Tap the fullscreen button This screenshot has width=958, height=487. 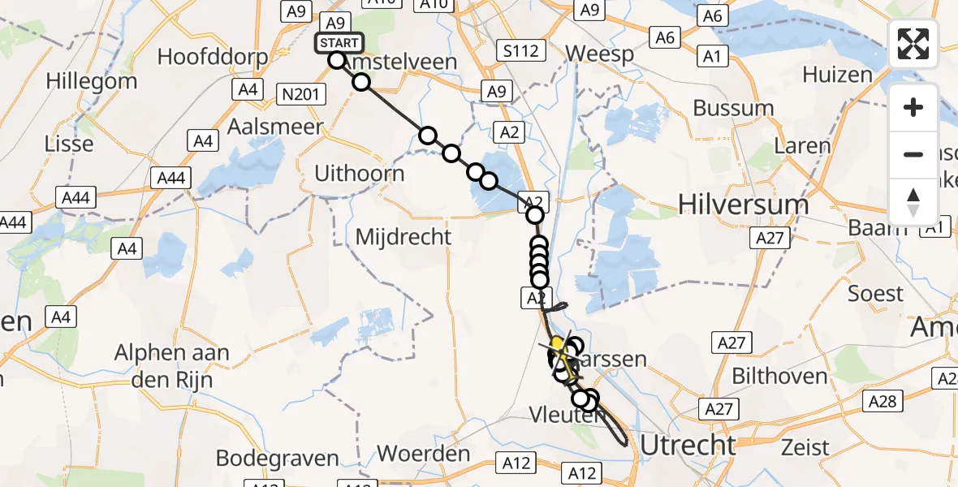click(x=913, y=44)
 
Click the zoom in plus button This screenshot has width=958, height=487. click(x=913, y=107)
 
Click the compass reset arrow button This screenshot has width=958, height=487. click(x=913, y=201)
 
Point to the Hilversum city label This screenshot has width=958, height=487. click(x=743, y=203)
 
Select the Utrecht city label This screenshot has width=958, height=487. click(x=688, y=445)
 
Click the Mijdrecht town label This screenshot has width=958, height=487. click(x=403, y=237)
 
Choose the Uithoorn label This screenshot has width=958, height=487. click(x=360, y=174)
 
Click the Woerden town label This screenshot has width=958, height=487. click(x=424, y=453)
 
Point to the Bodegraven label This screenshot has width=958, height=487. click(x=278, y=458)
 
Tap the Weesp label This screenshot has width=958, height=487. click(x=599, y=54)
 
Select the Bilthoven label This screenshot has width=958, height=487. click(x=779, y=376)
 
